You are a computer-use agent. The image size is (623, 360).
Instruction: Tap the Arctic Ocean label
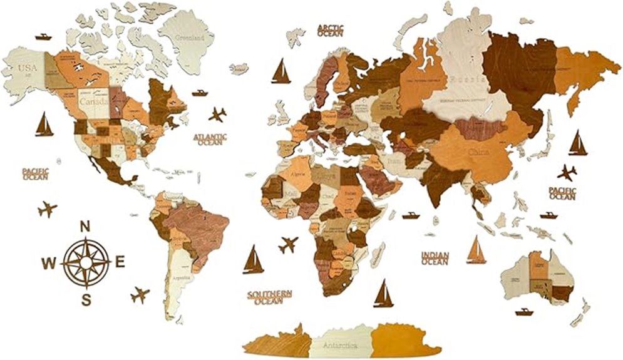(331, 31)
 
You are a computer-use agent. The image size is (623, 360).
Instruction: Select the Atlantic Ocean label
(210, 139)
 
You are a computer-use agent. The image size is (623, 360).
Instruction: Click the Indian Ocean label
(435, 258)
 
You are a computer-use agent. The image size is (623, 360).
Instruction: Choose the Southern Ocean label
(269, 297)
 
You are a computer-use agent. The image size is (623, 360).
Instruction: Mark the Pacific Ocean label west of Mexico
(36, 173)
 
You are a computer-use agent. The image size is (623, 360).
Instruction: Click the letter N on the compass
(86, 227)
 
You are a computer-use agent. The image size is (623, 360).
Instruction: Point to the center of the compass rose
(86, 261)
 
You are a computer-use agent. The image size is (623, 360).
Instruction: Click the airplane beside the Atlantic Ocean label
(217, 115)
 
